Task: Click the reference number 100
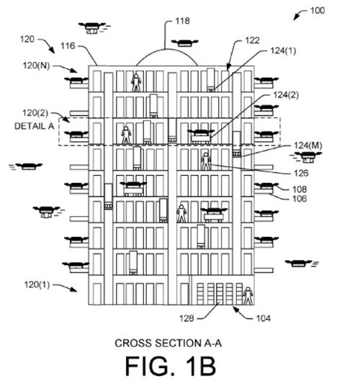pyautogui.click(x=318, y=11)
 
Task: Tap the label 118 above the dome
pyautogui.click(x=182, y=21)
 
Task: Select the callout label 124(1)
pyautogui.click(x=283, y=51)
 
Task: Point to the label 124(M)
pyautogui.click(x=308, y=145)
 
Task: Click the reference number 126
pyautogui.click(x=301, y=174)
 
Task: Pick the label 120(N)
pyautogui.click(x=36, y=66)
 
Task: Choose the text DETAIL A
pyautogui.click(x=35, y=126)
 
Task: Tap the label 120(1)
pyautogui.click(x=37, y=284)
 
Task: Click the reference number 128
pyautogui.click(x=186, y=318)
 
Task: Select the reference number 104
pyautogui.click(x=264, y=318)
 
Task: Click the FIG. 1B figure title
pyautogui.click(x=171, y=366)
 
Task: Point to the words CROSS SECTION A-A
pyautogui.click(x=168, y=343)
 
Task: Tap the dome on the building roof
pyautogui.click(x=167, y=53)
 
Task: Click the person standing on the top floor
pyautogui.click(x=136, y=83)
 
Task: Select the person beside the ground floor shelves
pyautogui.click(x=248, y=296)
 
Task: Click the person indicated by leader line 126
pyautogui.click(x=206, y=161)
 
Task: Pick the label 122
pyautogui.click(x=253, y=40)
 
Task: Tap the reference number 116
pyautogui.click(x=68, y=46)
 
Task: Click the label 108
pyautogui.click(x=300, y=189)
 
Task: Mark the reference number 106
pyautogui.click(x=300, y=199)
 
